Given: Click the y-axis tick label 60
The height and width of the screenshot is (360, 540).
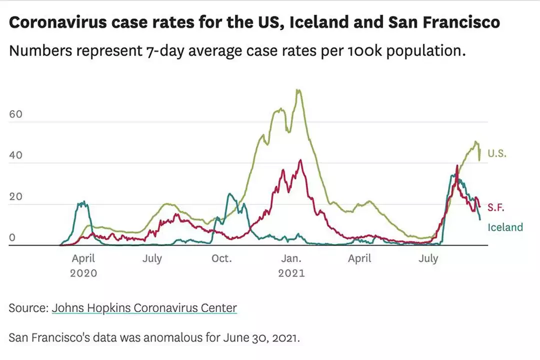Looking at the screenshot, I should [15, 114].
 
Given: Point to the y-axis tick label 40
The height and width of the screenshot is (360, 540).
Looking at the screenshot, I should [15, 155].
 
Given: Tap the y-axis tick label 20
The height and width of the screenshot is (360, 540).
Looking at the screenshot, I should [15, 196].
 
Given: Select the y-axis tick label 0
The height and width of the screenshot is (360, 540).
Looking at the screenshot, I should [12, 238].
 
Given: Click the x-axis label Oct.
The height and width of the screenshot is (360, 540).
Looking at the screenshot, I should [221, 258].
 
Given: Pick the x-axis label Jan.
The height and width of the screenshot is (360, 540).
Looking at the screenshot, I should [291, 258].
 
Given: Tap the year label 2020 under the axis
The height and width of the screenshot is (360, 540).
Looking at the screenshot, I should [83, 273].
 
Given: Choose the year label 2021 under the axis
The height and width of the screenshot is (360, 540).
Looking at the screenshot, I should [291, 273].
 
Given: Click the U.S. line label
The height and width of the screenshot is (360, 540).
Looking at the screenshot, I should [497, 153].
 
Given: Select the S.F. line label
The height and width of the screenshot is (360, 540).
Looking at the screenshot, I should [496, 206].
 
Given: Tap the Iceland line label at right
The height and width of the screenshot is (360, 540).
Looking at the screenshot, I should [505, 227].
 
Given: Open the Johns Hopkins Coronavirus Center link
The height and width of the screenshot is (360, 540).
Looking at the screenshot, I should [144, 308].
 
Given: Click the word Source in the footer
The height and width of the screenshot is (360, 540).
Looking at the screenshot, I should [28, 308].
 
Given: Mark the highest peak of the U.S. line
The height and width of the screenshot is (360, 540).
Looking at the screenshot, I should [298, 90].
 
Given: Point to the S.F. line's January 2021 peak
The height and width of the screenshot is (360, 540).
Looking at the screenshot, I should [300, 160].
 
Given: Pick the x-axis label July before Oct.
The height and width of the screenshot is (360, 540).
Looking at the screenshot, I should [152, 258].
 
